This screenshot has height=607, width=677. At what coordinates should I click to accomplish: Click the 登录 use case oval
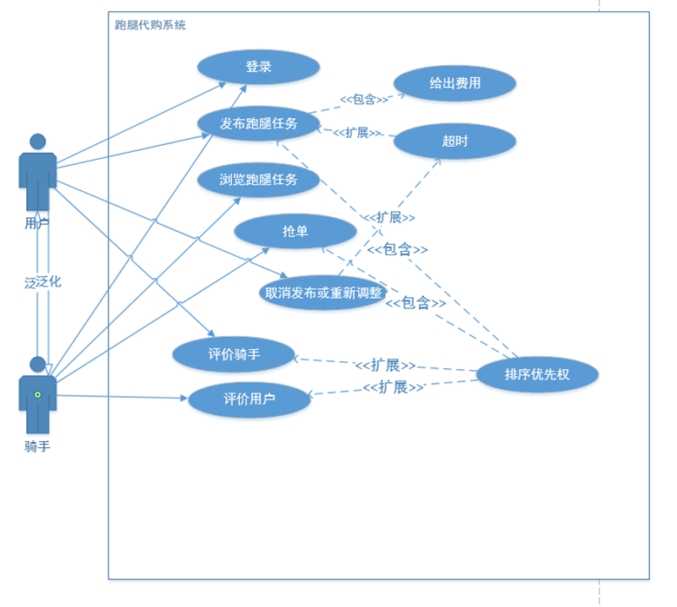(x=258, y=67)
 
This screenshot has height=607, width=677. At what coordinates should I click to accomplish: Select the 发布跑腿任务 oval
(x=258, y=123)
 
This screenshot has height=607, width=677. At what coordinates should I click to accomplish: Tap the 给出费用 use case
(x=455, y=83)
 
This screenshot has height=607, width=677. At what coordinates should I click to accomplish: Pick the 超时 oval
(x=455, y=141)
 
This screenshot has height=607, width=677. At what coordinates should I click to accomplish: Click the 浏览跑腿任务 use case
(x=258, y=180)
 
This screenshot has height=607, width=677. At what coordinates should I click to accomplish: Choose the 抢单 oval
(x=295, y=231)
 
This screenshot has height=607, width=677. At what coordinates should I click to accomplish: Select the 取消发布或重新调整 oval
(x=322, y=293)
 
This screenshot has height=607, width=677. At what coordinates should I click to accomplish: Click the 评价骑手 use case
(x=234, y=354)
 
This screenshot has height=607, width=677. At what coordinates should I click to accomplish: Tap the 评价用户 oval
(x=249, y=399)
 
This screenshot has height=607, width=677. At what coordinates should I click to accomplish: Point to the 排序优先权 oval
(x=537, y=374)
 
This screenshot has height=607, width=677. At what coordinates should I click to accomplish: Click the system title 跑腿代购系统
(x=150, y=25)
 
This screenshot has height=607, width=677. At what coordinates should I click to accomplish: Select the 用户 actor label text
(x=37, y=223)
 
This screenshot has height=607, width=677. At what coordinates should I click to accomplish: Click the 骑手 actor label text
(x=37, y=446)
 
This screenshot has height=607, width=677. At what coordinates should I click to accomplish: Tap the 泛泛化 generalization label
(x=43, y=282)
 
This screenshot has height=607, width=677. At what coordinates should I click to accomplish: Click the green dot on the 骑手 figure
(x=37, y=395)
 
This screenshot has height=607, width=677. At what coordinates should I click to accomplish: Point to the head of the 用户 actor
(x=37, y=142)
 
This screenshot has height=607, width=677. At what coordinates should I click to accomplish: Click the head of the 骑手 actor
(x=37, y=364)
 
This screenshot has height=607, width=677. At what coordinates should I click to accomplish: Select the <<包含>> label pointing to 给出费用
(x=364, y=100)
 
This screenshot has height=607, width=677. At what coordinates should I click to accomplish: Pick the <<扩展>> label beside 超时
(x=356, y=133)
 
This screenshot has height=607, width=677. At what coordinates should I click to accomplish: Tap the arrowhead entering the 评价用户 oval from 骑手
(x=184, y=398)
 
